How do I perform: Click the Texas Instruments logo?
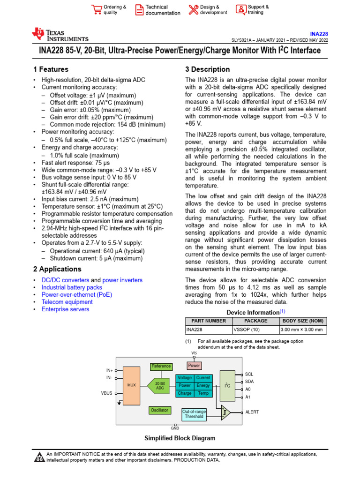coord(60,35)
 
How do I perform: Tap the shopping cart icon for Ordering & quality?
coord(97,10)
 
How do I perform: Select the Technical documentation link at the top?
coord(162,10)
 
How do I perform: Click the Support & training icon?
coord(240,10)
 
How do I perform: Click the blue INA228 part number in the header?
coord(319,34)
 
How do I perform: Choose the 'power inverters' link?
coord(122,280)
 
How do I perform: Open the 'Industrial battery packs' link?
coord(72,287)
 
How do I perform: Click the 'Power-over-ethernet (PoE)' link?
coord(77,295)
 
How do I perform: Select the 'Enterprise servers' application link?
coord(65,309)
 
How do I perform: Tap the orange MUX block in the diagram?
coord(131,385)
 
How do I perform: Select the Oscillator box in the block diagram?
coord(159,410)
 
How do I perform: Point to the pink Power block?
coord(194,365)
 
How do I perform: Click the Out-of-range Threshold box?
coord(194,413)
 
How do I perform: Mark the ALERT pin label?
coord(252,412)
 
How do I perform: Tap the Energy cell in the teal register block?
coord(203,385)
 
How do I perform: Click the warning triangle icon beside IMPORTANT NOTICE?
coord(39,457)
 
